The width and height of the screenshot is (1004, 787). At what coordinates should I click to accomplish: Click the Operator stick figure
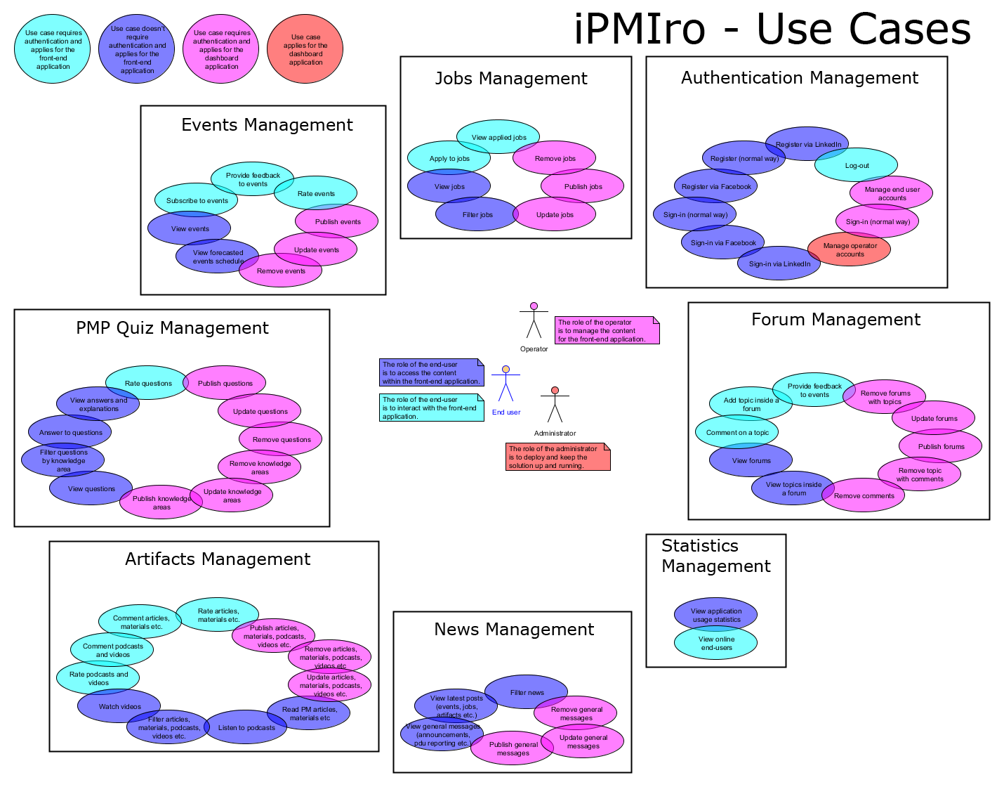tap(534, 321)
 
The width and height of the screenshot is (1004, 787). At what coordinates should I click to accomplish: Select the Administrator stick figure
tap(555, 405)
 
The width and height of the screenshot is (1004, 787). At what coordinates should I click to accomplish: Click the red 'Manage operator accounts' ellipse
tap(849, 249)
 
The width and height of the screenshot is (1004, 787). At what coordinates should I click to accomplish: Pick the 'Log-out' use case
tap(857, 166)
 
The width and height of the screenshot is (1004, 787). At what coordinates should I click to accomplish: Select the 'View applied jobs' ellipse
tap(498, 137)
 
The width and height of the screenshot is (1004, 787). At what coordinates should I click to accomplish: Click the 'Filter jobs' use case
tap(477, 214)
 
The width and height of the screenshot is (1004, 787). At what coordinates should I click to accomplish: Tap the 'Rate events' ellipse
tap(316, 193)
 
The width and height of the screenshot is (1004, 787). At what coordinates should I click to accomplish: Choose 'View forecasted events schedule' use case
tap(218, 256)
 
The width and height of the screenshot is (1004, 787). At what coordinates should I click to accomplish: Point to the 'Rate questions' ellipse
tap(147, 383)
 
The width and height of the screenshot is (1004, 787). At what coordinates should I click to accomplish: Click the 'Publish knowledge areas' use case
tap(161, 502)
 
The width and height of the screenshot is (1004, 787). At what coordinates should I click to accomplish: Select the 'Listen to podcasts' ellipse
tap(246, 727)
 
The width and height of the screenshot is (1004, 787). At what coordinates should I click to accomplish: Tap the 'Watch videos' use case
tap(119, 706)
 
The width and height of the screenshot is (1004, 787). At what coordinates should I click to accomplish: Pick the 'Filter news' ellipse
tap(527, 692)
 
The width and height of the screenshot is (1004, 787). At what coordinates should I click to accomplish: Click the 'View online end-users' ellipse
tap(716, 643)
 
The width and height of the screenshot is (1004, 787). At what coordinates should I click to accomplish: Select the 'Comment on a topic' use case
tap(737, 432)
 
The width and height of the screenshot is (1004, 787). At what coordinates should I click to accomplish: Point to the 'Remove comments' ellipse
tap(864, 495)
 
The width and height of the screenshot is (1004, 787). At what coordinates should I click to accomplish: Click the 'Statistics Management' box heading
tap(715, 556)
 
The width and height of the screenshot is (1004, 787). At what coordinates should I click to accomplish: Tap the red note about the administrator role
tap(557, 457)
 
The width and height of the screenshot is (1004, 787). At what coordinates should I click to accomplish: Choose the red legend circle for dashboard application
tap(305, 49)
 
